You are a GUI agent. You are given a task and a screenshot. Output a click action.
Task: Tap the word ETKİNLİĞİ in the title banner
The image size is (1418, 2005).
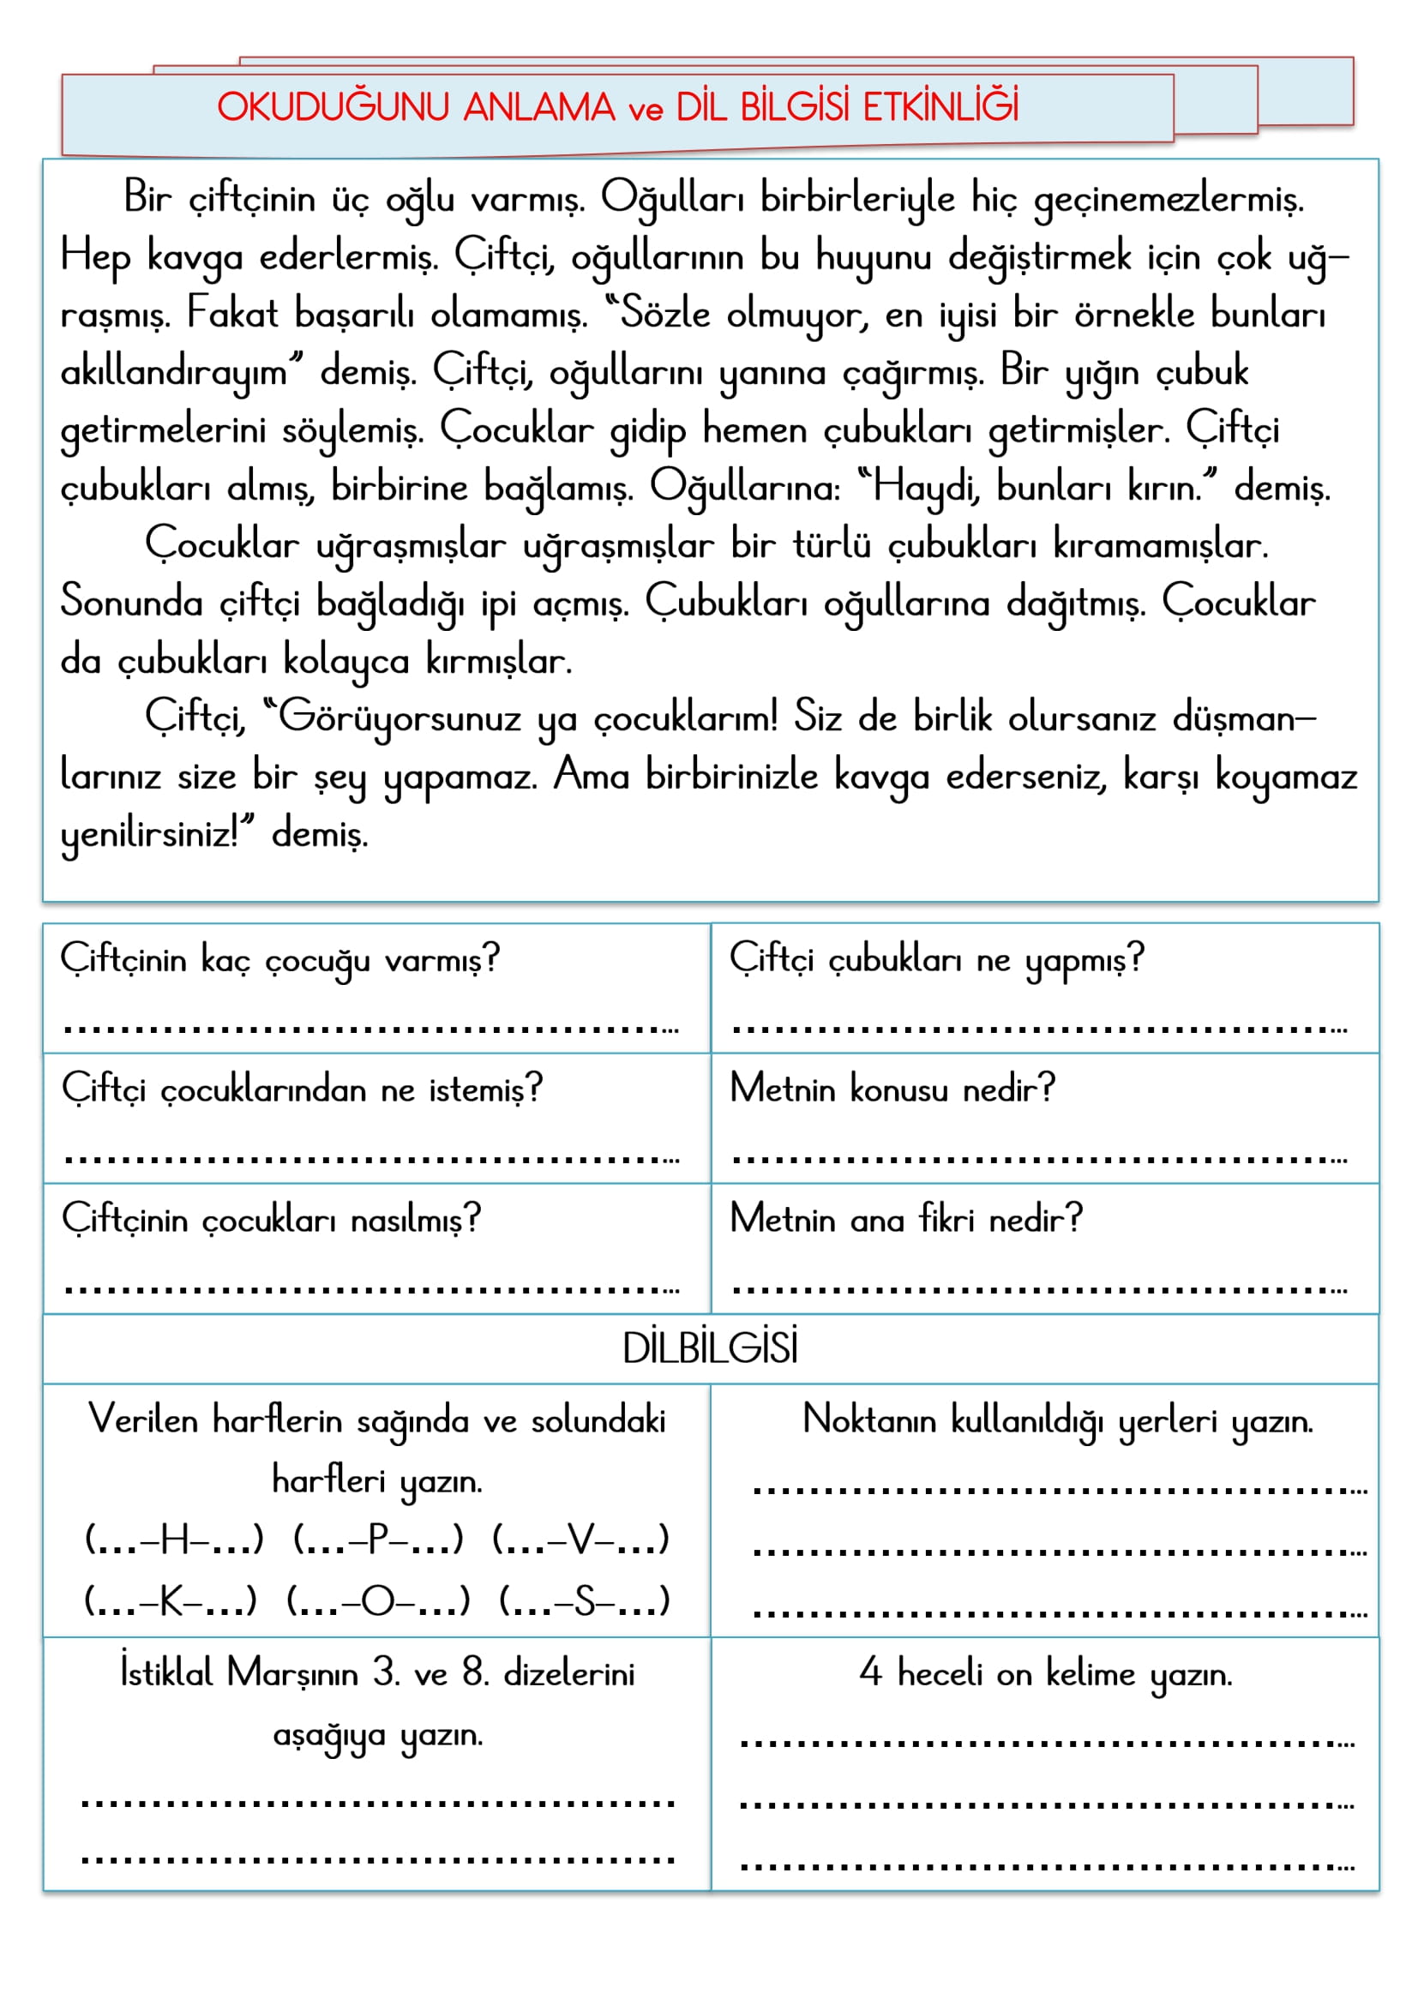(940, 106)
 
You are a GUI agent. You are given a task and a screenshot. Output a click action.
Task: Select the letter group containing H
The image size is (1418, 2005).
(174, 1540)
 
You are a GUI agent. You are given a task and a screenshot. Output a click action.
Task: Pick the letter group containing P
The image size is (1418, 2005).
(378, 1540)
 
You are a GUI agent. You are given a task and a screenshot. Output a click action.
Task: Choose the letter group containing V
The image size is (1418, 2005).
(580, 1540)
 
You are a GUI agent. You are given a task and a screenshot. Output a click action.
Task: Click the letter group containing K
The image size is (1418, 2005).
(171, 1601)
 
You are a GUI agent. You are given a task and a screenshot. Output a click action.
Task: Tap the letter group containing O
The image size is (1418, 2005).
(378, 1601)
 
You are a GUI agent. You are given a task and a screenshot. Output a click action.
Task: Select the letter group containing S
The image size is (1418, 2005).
(584, 1601)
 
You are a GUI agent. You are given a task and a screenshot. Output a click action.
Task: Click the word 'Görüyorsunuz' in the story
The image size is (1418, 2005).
(399, 719)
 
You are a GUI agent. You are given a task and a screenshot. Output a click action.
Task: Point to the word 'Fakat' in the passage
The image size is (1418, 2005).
(231, 315)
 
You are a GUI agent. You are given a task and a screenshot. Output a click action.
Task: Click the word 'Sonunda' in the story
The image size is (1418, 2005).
(131, 603)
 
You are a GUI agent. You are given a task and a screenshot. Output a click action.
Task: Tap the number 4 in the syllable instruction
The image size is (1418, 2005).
(869, 1673)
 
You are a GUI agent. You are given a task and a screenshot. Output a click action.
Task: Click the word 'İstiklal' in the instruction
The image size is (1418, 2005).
(166, 1673)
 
